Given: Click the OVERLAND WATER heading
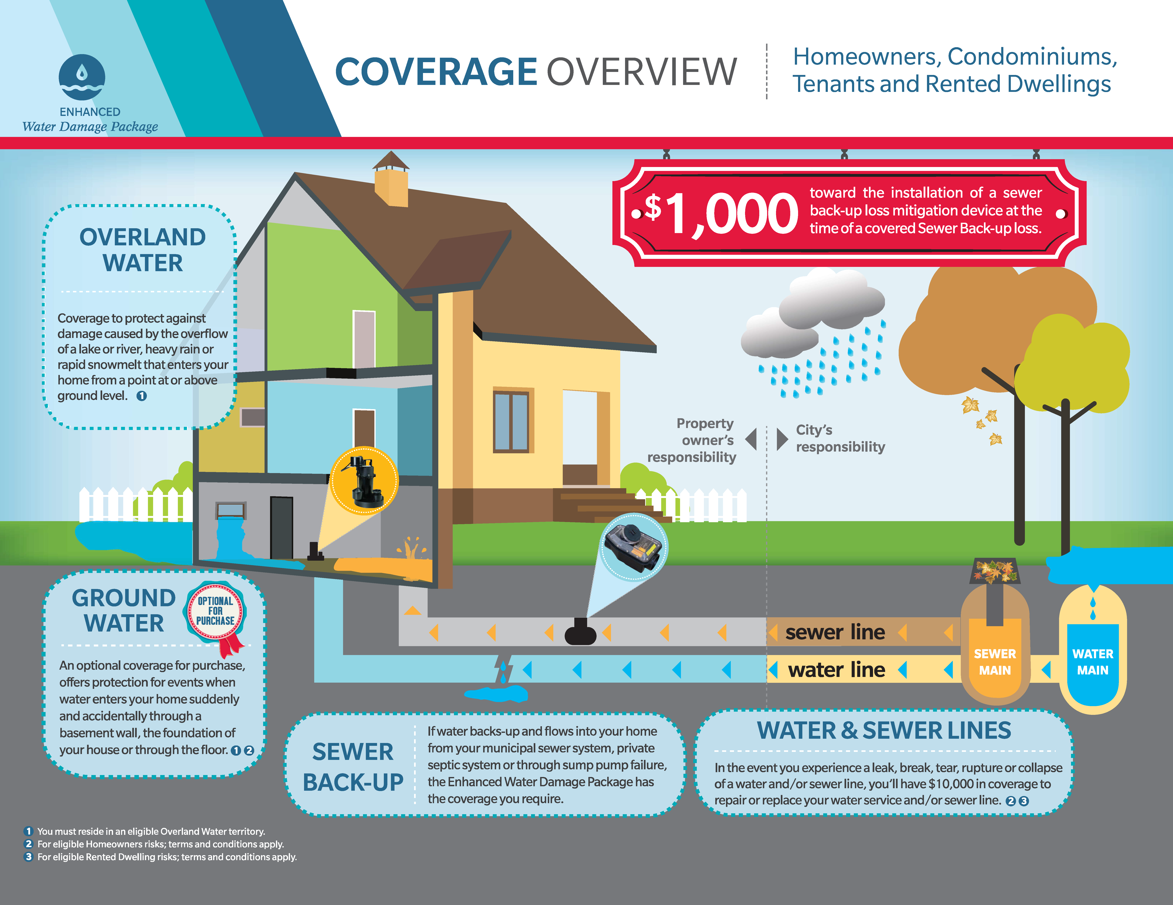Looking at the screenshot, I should [142, 250].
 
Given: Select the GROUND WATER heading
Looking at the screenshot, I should [124, 611].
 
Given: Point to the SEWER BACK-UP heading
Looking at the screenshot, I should [353, 766].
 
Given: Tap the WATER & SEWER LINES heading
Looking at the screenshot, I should [884, 731].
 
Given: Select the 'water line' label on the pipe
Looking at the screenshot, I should [836, 670].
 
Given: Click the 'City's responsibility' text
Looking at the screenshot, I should [839, 438].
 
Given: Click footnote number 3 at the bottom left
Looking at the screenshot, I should [29, 857].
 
